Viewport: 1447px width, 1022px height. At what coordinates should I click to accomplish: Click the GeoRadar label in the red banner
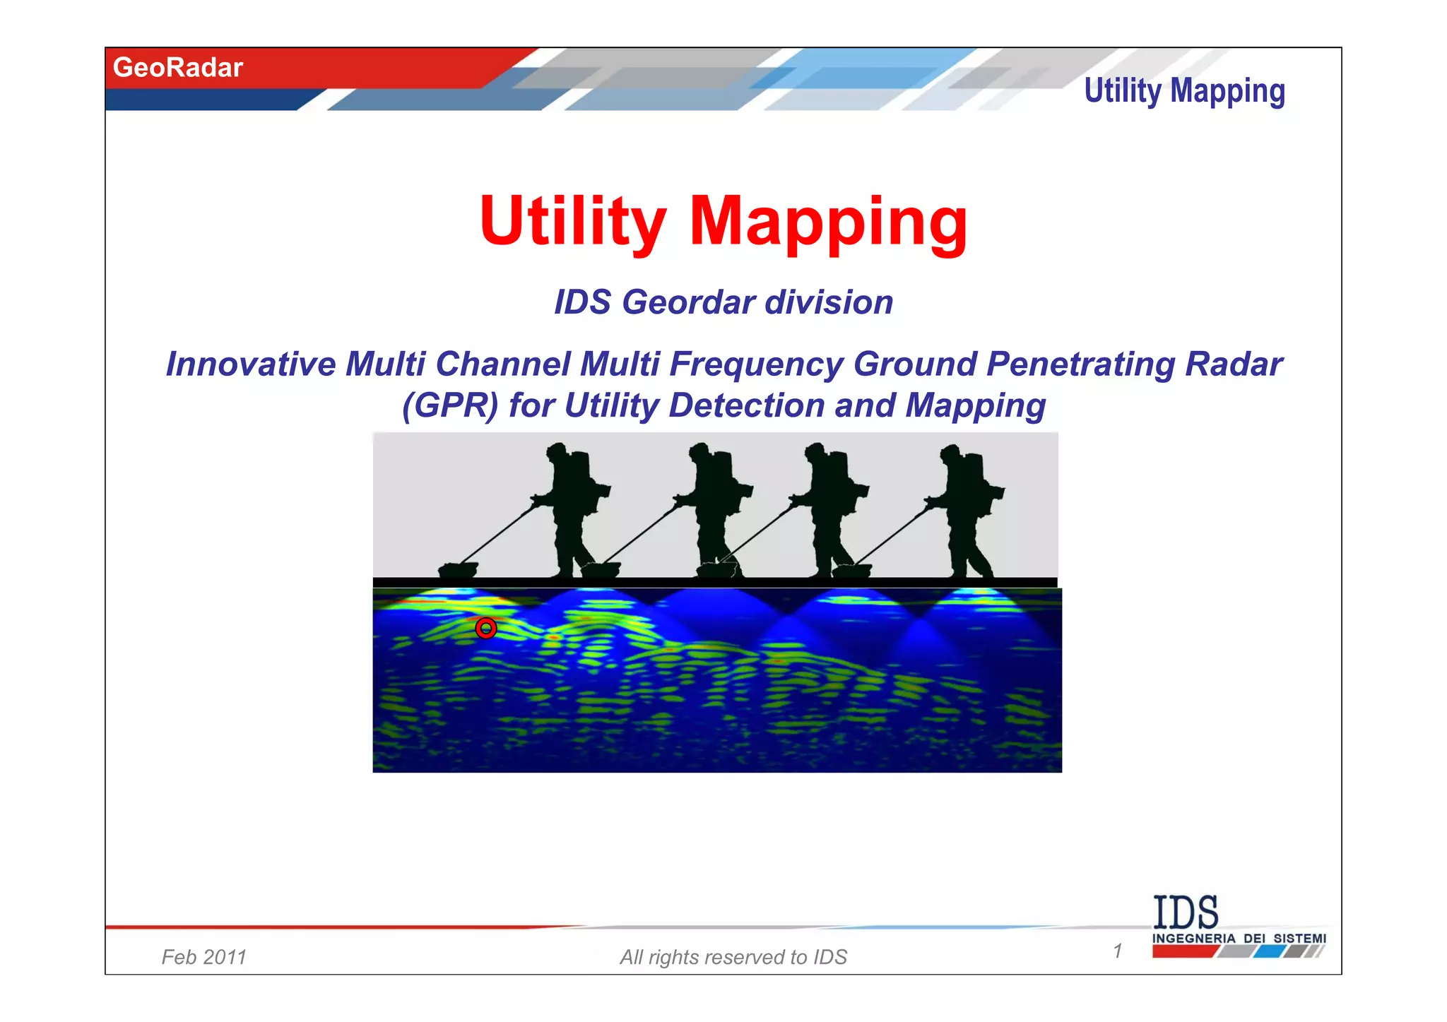click(177, 68)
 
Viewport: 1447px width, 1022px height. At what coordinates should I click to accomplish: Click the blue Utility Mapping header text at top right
click(1184, 92)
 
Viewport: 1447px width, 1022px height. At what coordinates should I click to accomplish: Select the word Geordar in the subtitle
click(689, 302)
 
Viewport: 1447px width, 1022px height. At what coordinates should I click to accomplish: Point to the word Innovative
click(251, 364)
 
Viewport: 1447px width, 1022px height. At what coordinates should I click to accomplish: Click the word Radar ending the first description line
click(1234, 364)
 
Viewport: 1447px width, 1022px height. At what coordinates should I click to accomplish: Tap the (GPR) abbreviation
click(450, 405)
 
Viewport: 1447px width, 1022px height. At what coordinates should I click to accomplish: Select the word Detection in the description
click(747, 405)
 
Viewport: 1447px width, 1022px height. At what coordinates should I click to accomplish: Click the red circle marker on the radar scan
click(486, 628)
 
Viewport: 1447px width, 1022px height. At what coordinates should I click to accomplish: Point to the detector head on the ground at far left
click(458, 569)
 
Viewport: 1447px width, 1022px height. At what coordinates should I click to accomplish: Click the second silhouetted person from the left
click(714, 509)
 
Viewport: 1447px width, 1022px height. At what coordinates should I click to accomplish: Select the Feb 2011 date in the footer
click(203, 957)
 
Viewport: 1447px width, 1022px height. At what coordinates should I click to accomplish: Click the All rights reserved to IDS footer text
click(733, 957)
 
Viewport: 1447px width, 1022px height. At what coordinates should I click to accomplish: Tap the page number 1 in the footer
click(1118, 951)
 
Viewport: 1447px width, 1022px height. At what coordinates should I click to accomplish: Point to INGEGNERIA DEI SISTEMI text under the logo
click(1239, 939)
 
